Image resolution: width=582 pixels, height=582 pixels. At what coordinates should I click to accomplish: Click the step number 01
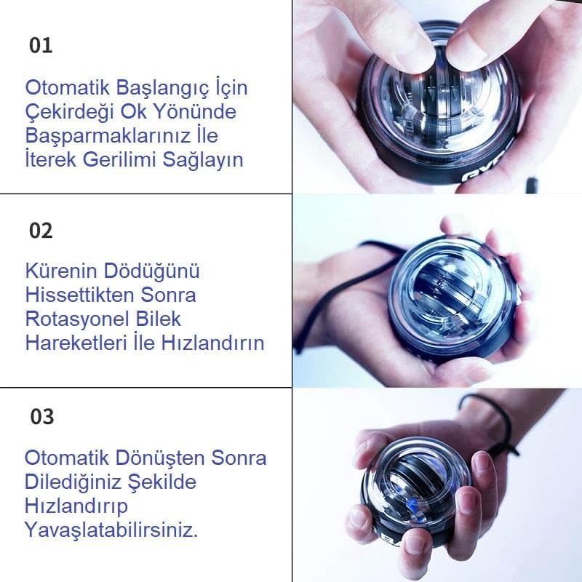click(x=41, y=46)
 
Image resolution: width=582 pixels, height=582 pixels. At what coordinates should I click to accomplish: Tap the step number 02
click(x=41, y=231)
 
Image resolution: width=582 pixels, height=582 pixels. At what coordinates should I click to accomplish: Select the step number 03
click(x=41, y=417)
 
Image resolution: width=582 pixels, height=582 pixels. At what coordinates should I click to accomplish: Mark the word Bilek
click(x=159, y=319)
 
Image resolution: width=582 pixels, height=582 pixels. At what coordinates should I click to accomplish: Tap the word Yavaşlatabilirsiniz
click(x=111, y=529)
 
